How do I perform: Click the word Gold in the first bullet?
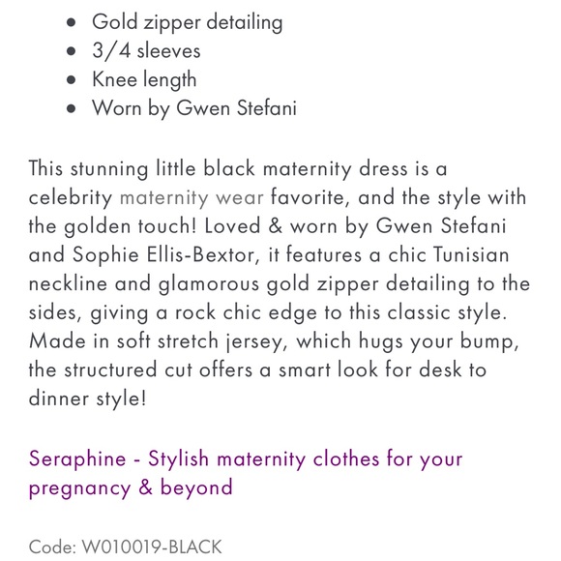coord(116,21)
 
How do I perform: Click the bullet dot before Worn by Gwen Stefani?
coord(71,109)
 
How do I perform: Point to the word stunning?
coord(109,168)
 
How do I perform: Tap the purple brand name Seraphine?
coord(77,458)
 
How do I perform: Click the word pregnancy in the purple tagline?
coord(76,487)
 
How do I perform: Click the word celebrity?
coord(70,197)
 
